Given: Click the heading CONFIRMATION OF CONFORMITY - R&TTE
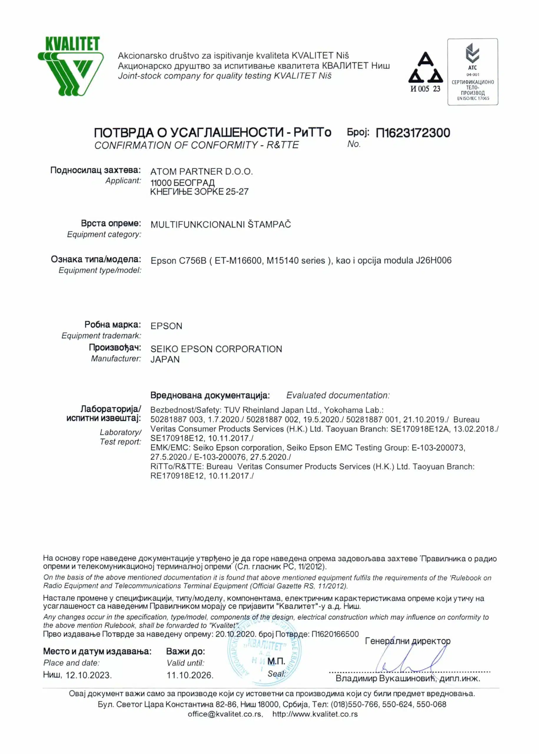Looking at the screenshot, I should click(x=196, y=145).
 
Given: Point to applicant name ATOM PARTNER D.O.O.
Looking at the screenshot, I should click(x=201, y=171).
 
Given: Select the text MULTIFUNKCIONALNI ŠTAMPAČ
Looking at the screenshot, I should click(x=221, y=224).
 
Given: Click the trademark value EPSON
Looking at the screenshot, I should click(x=166, y=326).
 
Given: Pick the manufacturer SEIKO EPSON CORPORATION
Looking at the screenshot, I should click(x=216, y=349).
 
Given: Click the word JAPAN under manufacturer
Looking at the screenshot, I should click(x=165, y=359).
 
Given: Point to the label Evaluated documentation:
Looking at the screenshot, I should click(x=338, y=395).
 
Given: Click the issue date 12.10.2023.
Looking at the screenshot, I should click(x=89, y=675).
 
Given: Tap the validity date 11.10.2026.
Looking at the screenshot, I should click(x=190, y=675).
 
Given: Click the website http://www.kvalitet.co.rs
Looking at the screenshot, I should click(x=315, y=714).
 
